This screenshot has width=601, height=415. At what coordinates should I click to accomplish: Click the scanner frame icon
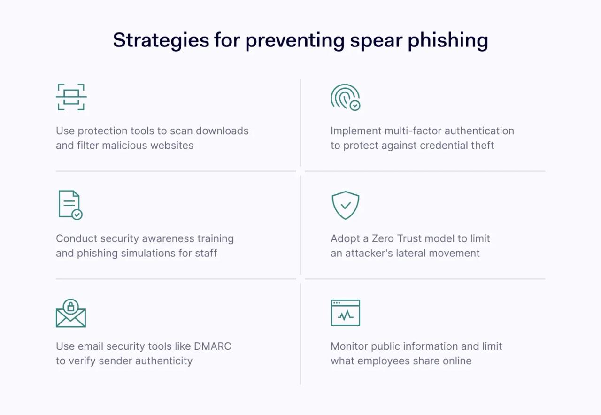(x=71, y=97)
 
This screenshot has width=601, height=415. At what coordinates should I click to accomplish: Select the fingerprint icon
(x=345, y=97)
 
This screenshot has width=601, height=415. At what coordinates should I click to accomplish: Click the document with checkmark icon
(x=70, y=205)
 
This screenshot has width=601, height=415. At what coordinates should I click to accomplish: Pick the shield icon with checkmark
(x=346, y=205)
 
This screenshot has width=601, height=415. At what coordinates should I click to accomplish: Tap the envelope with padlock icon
(x=70, y=313)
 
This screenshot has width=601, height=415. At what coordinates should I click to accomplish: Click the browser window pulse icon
(x=345, y=313)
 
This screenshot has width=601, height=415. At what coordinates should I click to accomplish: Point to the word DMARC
(x=213, y=346)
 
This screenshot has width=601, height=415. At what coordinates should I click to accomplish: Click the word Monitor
(x=349, y=346)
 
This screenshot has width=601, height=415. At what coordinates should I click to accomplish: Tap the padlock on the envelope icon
(x=70, y=307)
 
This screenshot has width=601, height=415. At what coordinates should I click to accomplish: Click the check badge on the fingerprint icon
(x=355, y=105)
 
